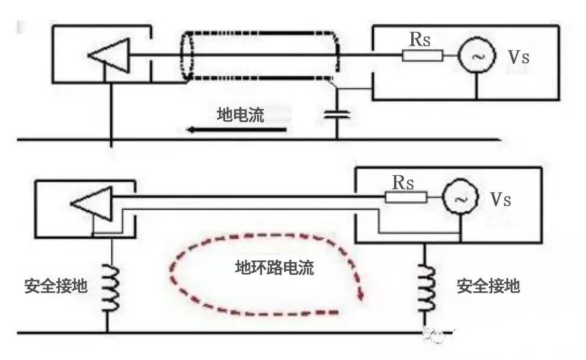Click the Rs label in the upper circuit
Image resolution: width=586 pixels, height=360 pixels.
point(420,39)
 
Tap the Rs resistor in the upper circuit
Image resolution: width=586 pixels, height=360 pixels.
point(422,56)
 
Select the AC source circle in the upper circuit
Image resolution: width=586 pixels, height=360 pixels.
point(477,56)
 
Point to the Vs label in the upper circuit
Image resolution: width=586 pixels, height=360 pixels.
point(518,57)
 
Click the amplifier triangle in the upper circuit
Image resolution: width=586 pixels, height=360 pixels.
point(109,55)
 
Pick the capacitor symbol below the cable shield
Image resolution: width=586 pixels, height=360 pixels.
point(337,114)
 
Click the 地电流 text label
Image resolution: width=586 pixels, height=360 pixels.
point(241,115)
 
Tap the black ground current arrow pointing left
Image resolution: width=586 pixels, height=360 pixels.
point(236,130)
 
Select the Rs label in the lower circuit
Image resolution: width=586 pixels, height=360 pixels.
point(404,182)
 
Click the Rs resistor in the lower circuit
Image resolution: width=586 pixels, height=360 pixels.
point(406,197)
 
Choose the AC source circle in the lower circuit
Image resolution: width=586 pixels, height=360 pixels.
point(460,197)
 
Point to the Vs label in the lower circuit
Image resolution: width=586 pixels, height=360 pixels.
point(501,199)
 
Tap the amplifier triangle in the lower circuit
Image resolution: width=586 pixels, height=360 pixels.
point(92,204)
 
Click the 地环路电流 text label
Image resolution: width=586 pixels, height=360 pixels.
point(275,268)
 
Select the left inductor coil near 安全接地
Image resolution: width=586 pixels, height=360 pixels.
point(111,288)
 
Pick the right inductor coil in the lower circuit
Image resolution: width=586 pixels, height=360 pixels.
point(427,288)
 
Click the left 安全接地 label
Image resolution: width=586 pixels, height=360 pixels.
point(56,286)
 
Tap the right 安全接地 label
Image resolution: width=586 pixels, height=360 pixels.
point(488,286)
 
